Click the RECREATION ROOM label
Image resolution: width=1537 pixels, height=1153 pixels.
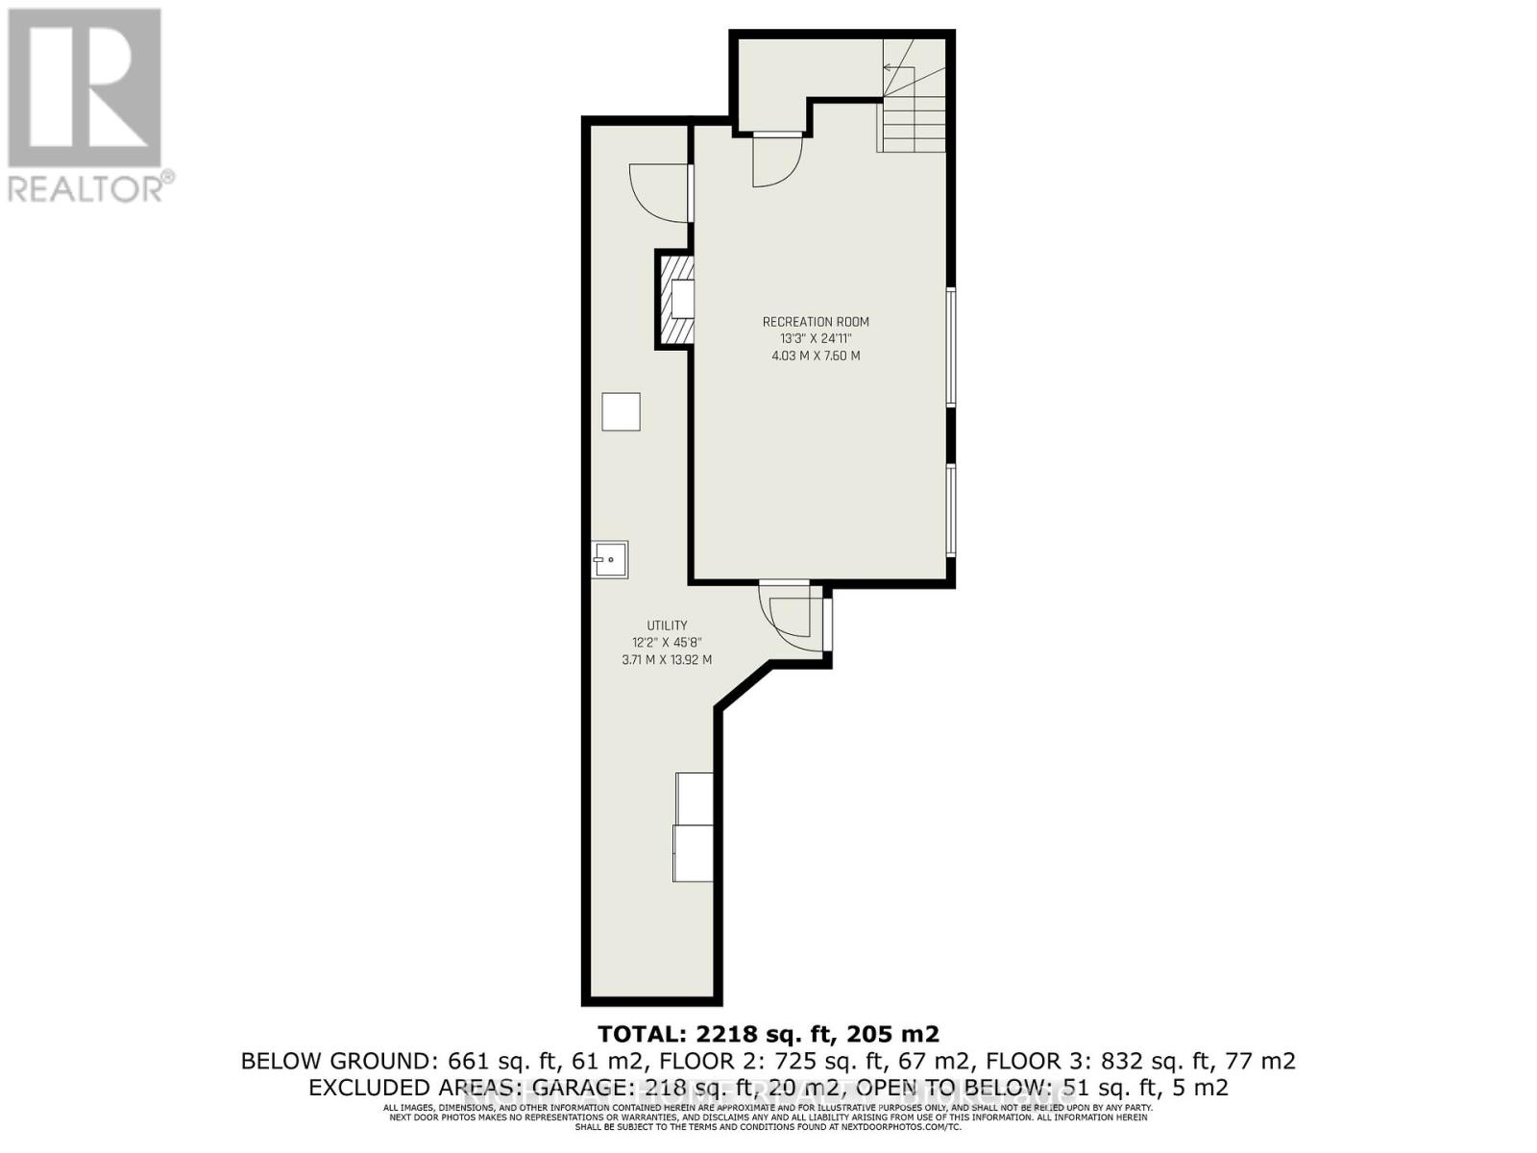coord(816,322)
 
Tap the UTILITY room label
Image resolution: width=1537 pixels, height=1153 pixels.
coord(667,626)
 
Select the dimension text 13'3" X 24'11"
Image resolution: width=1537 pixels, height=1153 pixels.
coord(816,338)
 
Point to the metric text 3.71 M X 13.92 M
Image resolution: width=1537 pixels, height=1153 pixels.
coord(667,660)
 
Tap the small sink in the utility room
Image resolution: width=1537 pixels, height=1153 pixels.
coord(609,559)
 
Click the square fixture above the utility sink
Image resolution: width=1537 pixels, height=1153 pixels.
coord(621,411)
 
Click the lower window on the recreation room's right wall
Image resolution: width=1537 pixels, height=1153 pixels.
coord(950,509)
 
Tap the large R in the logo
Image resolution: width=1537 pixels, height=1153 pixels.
coord(85,86)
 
